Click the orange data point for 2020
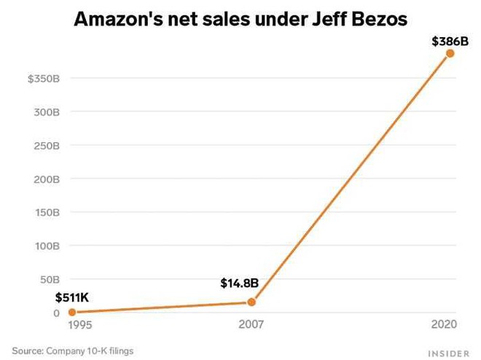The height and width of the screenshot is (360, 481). click(450, 53)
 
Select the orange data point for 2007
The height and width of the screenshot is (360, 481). click(251, 302)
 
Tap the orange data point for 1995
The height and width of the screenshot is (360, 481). click(71, 312)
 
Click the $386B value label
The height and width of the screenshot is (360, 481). click(450, 41)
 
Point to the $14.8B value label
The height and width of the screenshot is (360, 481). click(240, 283)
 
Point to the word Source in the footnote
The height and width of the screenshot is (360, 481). click(27, 351)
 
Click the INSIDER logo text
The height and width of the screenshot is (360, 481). click(447, 352)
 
